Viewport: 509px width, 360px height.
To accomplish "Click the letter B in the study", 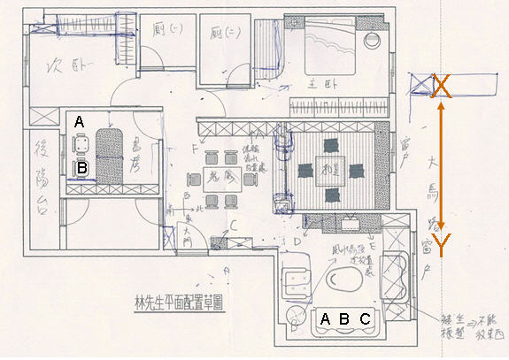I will pos(81,165).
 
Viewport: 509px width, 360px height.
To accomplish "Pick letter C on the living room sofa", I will pos(365,318).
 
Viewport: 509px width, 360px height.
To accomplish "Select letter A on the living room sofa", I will pos(325,318).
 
